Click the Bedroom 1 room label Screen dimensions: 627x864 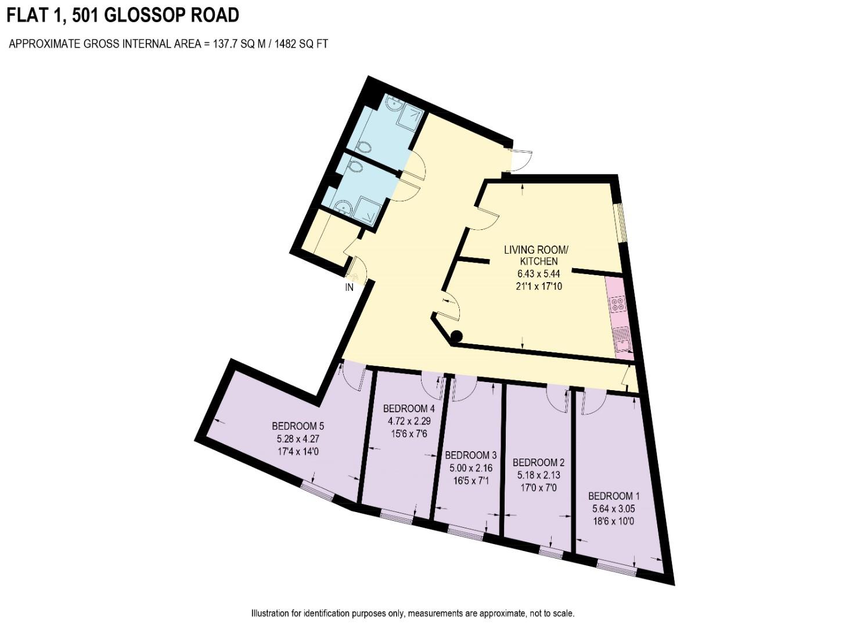(613, 496)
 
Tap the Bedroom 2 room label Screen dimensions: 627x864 (538, 462)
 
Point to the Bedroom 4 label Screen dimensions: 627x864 (409, 408)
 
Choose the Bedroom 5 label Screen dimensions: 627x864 (297, 426)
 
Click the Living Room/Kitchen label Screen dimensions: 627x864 (536, 255)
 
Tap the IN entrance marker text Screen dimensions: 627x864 (350, 287)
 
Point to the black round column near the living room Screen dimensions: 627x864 (457, 336)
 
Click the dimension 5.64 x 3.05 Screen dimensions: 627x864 (613, 509)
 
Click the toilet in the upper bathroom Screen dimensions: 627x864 (363, 146)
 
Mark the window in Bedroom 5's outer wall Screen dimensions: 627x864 (317, 491)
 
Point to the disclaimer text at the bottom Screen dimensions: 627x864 (412, 613)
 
